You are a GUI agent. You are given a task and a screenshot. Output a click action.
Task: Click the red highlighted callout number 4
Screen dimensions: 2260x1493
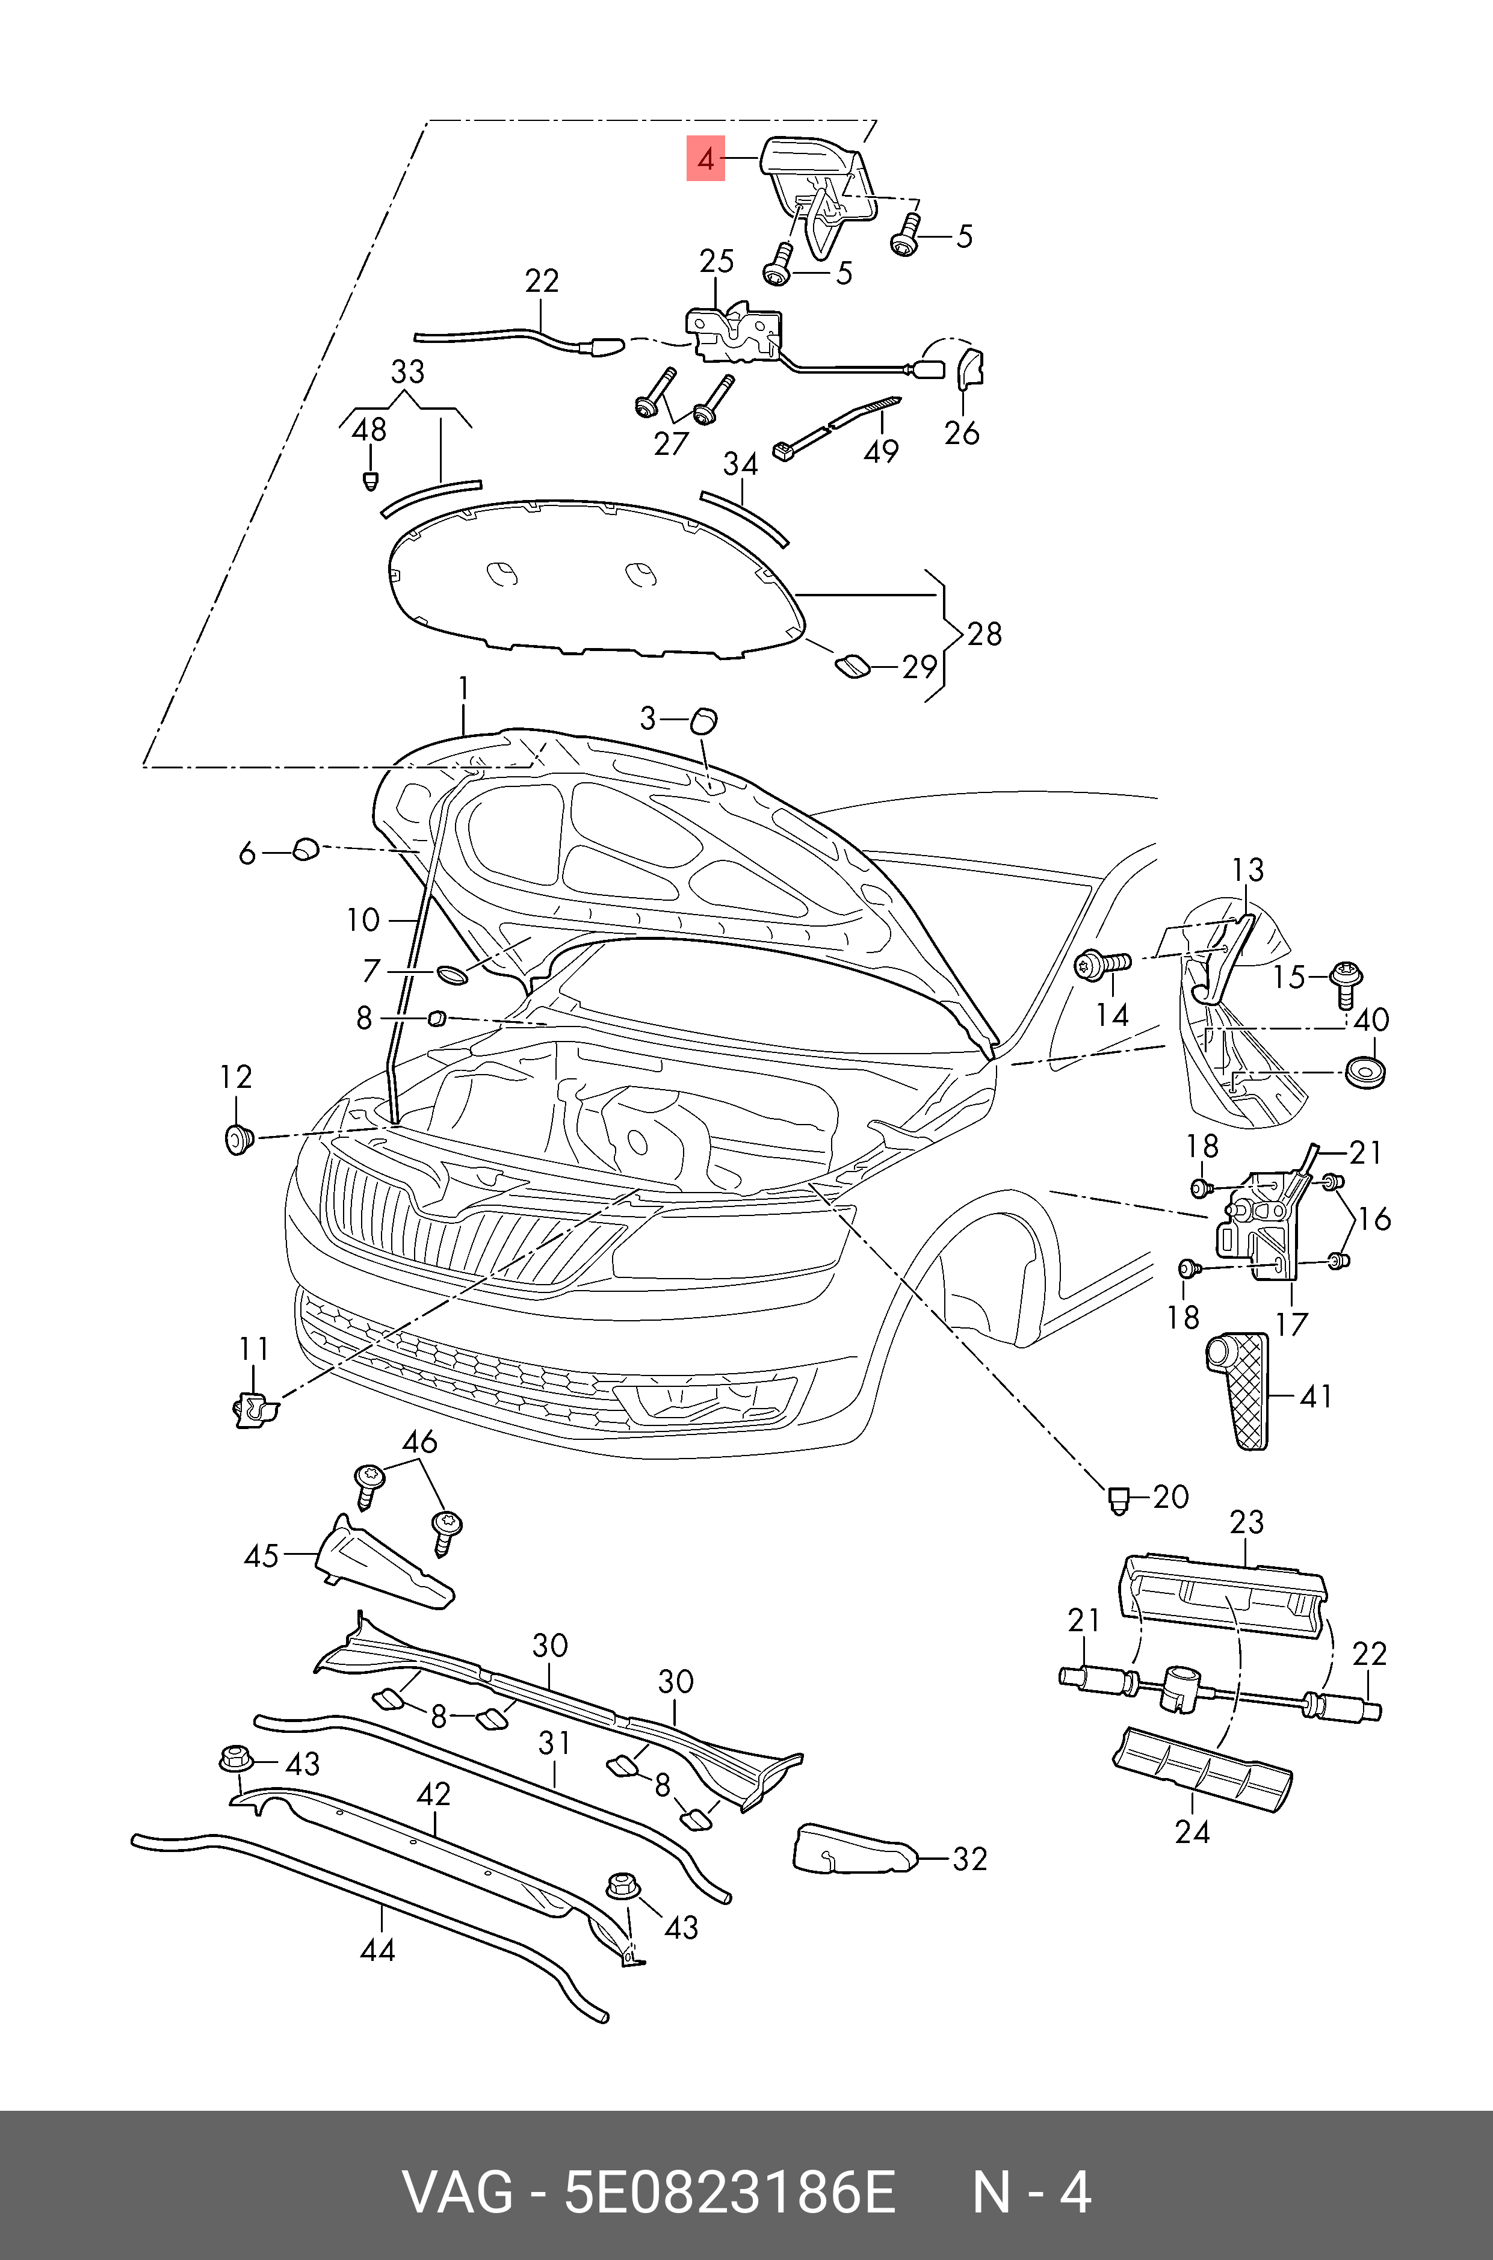point(705,158)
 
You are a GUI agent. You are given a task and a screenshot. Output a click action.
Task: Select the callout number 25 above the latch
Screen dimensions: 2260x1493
point(716,262)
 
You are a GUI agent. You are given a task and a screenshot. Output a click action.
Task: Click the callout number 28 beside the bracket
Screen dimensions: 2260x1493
point(985,634)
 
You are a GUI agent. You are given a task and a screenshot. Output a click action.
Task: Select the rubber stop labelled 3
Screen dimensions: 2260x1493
point(703,721)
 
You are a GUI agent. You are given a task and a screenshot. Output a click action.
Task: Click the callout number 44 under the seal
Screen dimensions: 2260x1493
point(377,1950)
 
